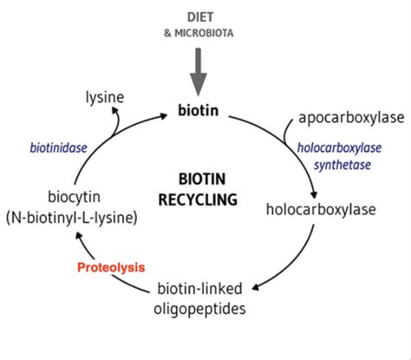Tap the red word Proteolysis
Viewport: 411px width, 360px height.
(112, 268)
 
